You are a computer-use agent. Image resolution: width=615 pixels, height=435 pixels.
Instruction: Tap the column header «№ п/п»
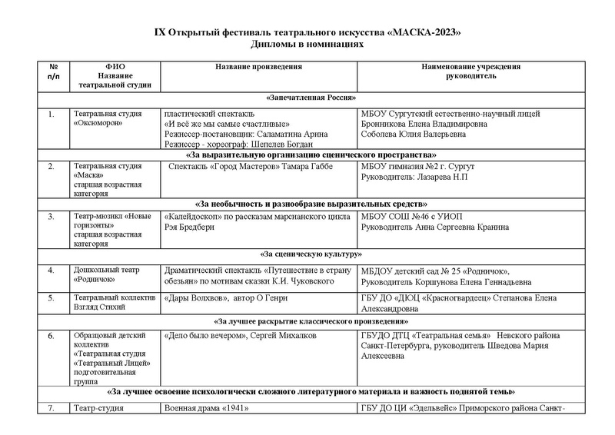point(52,71)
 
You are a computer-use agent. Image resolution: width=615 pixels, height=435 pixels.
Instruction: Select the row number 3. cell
point(52,217)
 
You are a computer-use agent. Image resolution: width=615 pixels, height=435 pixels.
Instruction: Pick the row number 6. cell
point(52,336)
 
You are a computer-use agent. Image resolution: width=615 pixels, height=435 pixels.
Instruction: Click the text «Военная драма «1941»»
point(203,408)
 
